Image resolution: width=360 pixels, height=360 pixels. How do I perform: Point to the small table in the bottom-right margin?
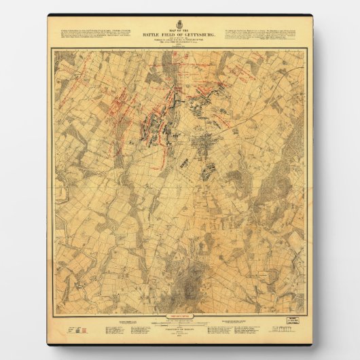point(282,334)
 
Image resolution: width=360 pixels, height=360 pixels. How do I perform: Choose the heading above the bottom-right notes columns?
point(238,325)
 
